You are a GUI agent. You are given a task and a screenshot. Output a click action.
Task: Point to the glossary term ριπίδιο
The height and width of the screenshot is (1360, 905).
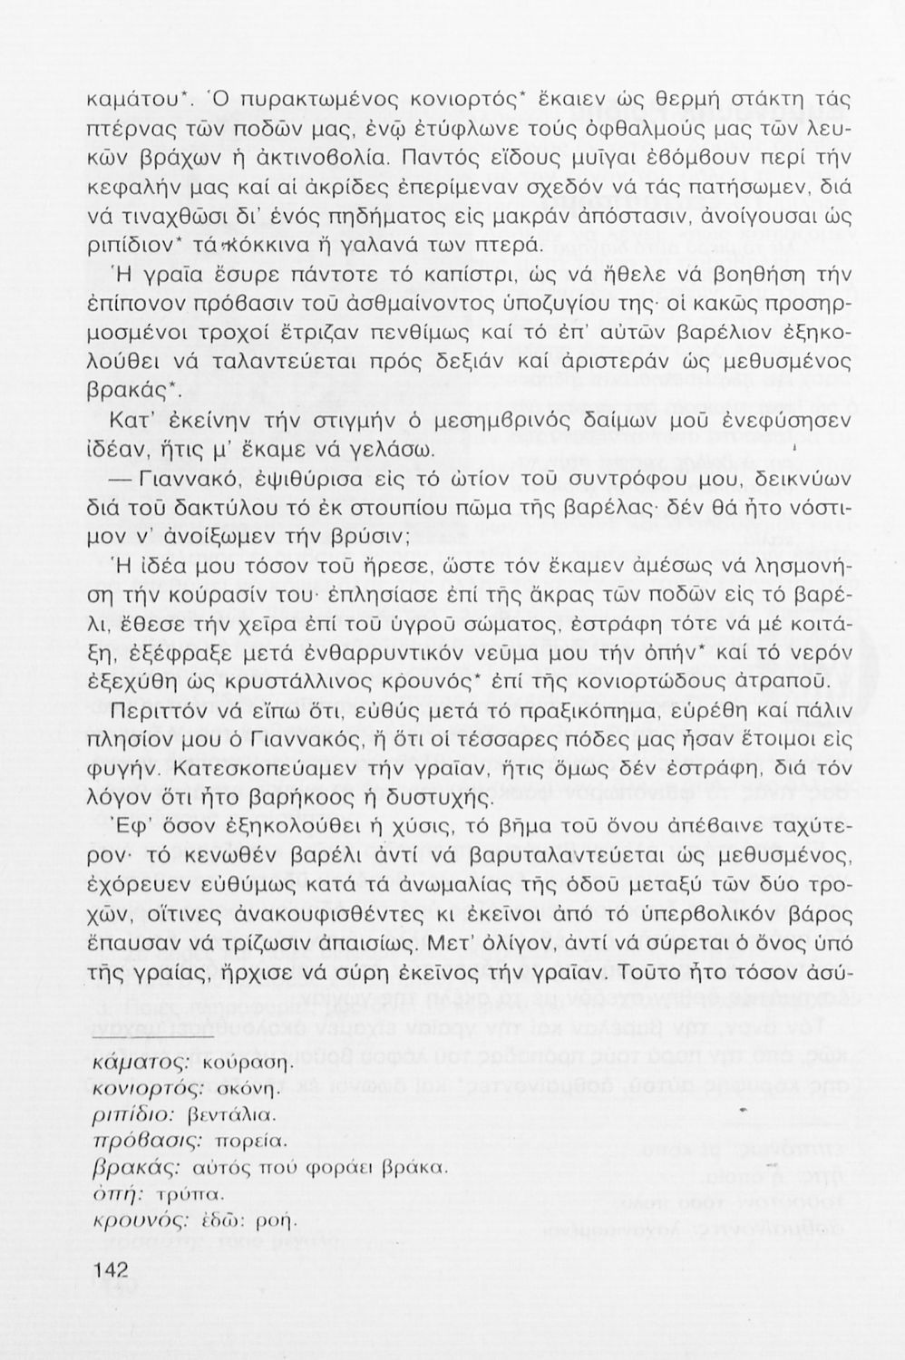(x=128, y=1113)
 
